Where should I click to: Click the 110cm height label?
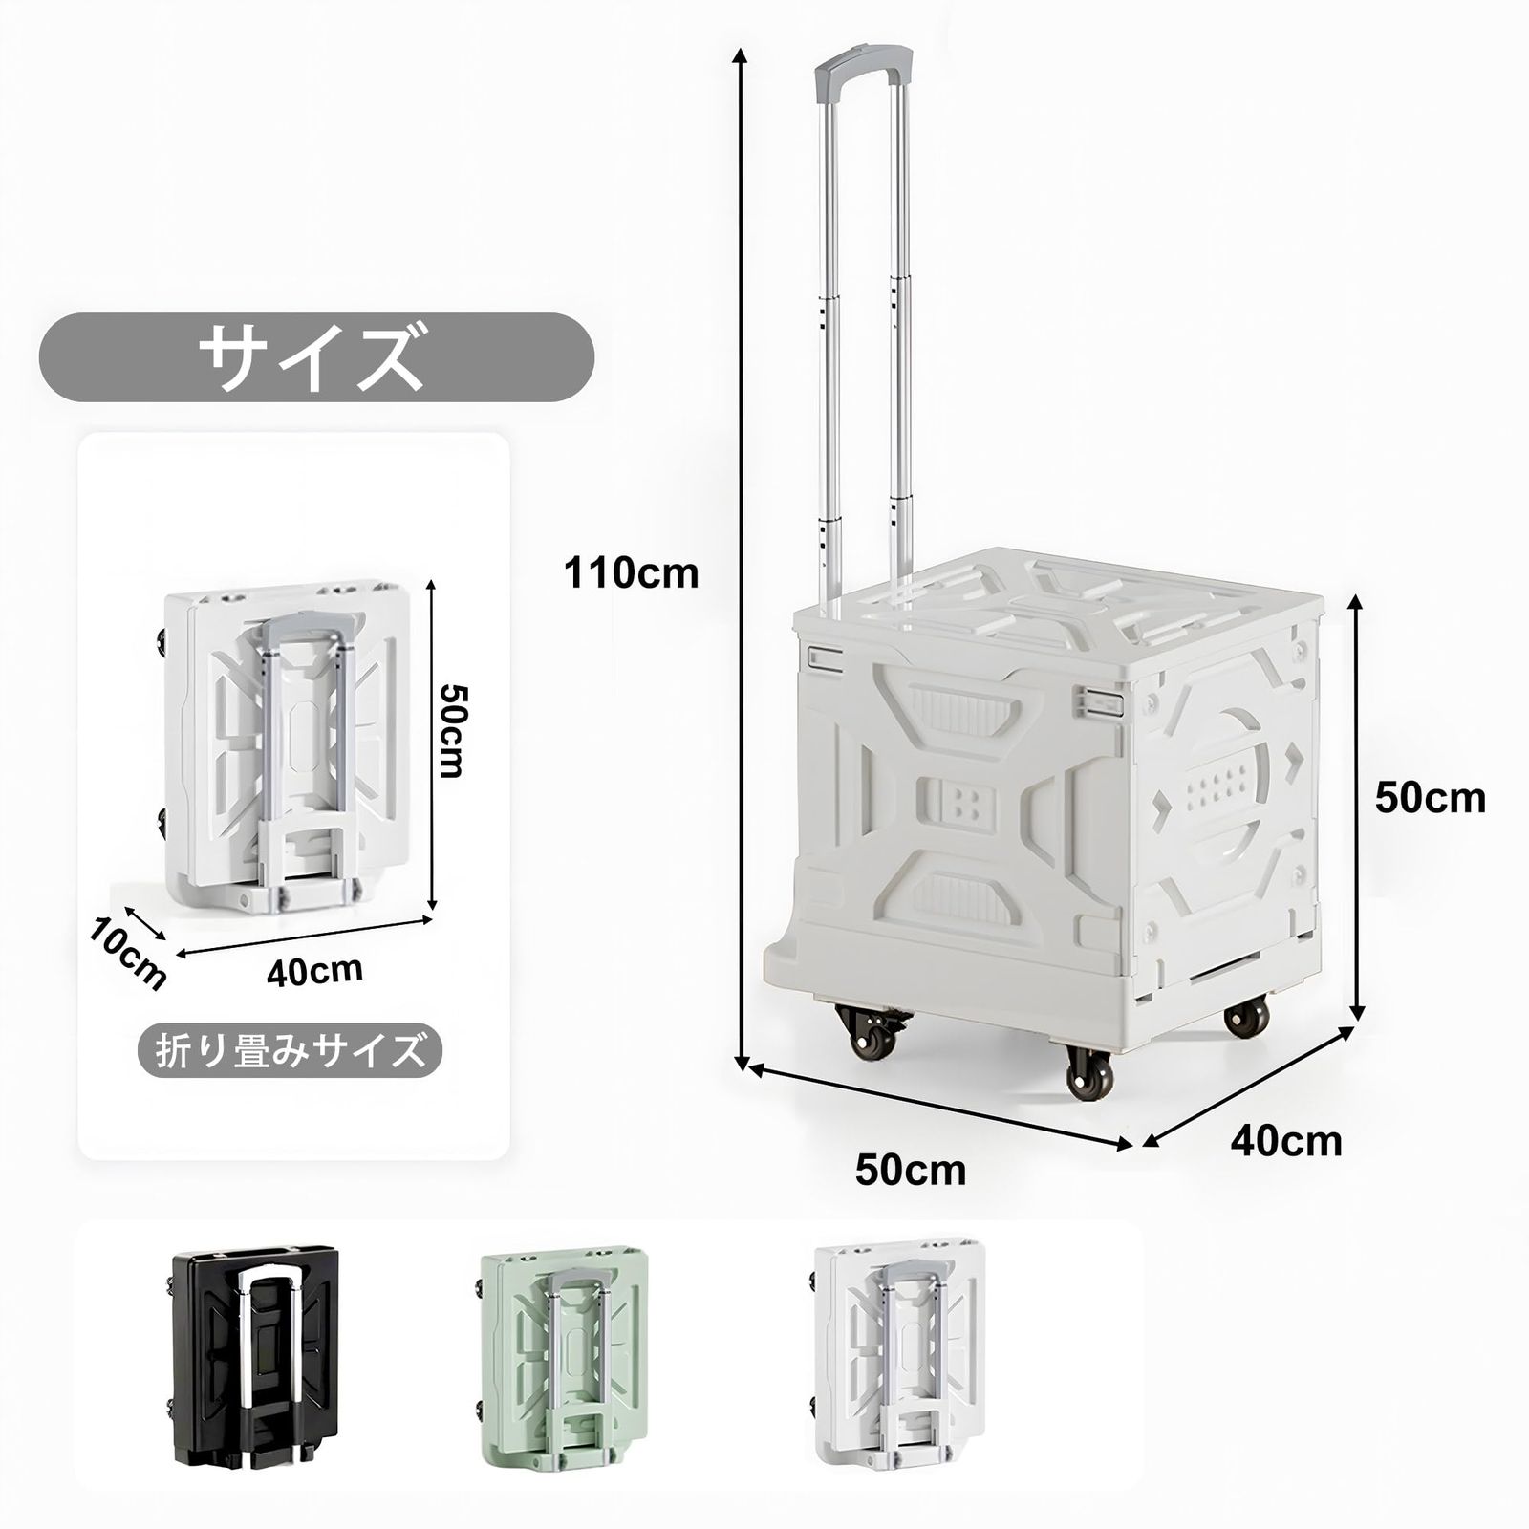coord(631,573)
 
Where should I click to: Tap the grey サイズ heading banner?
coord(316,356)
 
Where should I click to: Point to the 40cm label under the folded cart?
coord(314,970)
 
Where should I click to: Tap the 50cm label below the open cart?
coord(911,1170)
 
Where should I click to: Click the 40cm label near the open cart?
coord(1285,1140)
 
